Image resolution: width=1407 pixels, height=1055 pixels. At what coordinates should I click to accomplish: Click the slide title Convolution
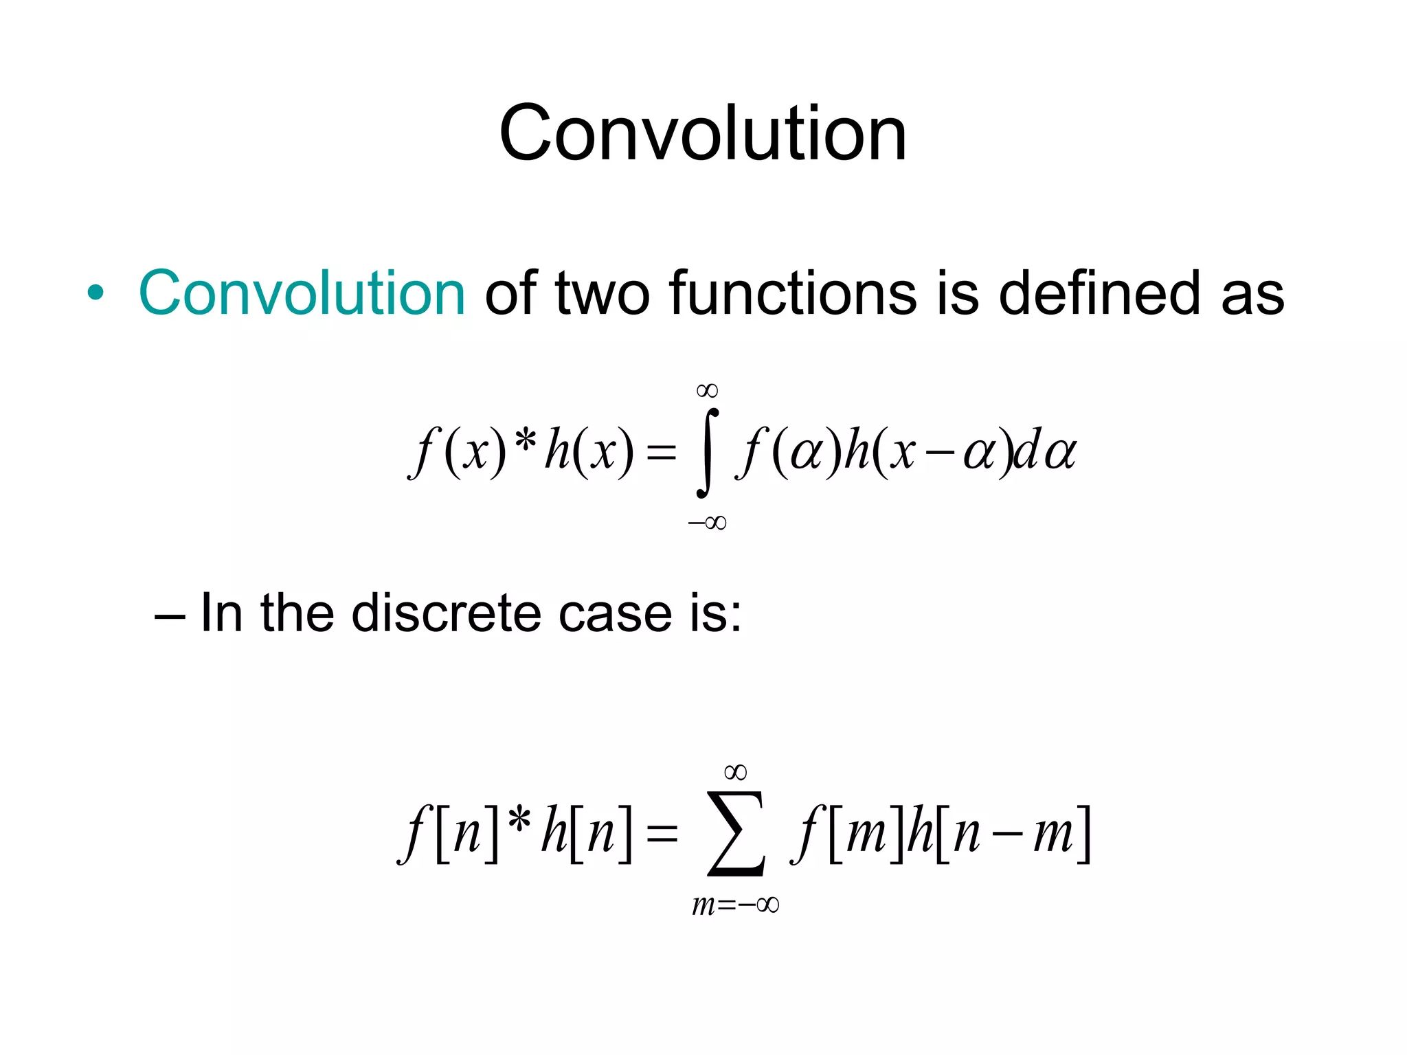coord(703,134)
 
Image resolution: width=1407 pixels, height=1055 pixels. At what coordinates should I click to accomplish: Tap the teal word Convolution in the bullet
coord(302,294)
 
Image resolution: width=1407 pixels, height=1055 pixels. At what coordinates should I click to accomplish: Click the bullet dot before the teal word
coord(95,294)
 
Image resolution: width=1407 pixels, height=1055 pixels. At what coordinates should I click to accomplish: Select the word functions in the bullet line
coord(793,294)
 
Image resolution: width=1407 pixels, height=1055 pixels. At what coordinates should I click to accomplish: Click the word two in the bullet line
coord(603,294)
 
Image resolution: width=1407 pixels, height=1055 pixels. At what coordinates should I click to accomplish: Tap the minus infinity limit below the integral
coord(707,523)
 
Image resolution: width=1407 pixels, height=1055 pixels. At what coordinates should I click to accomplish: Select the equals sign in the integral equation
coord(662,453)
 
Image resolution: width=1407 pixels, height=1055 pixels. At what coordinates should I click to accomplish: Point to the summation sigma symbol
coord(735,834)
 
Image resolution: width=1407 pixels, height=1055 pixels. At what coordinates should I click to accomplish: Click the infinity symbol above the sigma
coord(735,773)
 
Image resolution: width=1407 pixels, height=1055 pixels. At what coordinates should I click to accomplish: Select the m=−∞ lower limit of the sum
coord(735,905)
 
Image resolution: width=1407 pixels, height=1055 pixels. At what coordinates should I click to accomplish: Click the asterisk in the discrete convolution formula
coord(519,821)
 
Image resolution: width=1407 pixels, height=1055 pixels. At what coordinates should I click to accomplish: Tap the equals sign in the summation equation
coord(662,834)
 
